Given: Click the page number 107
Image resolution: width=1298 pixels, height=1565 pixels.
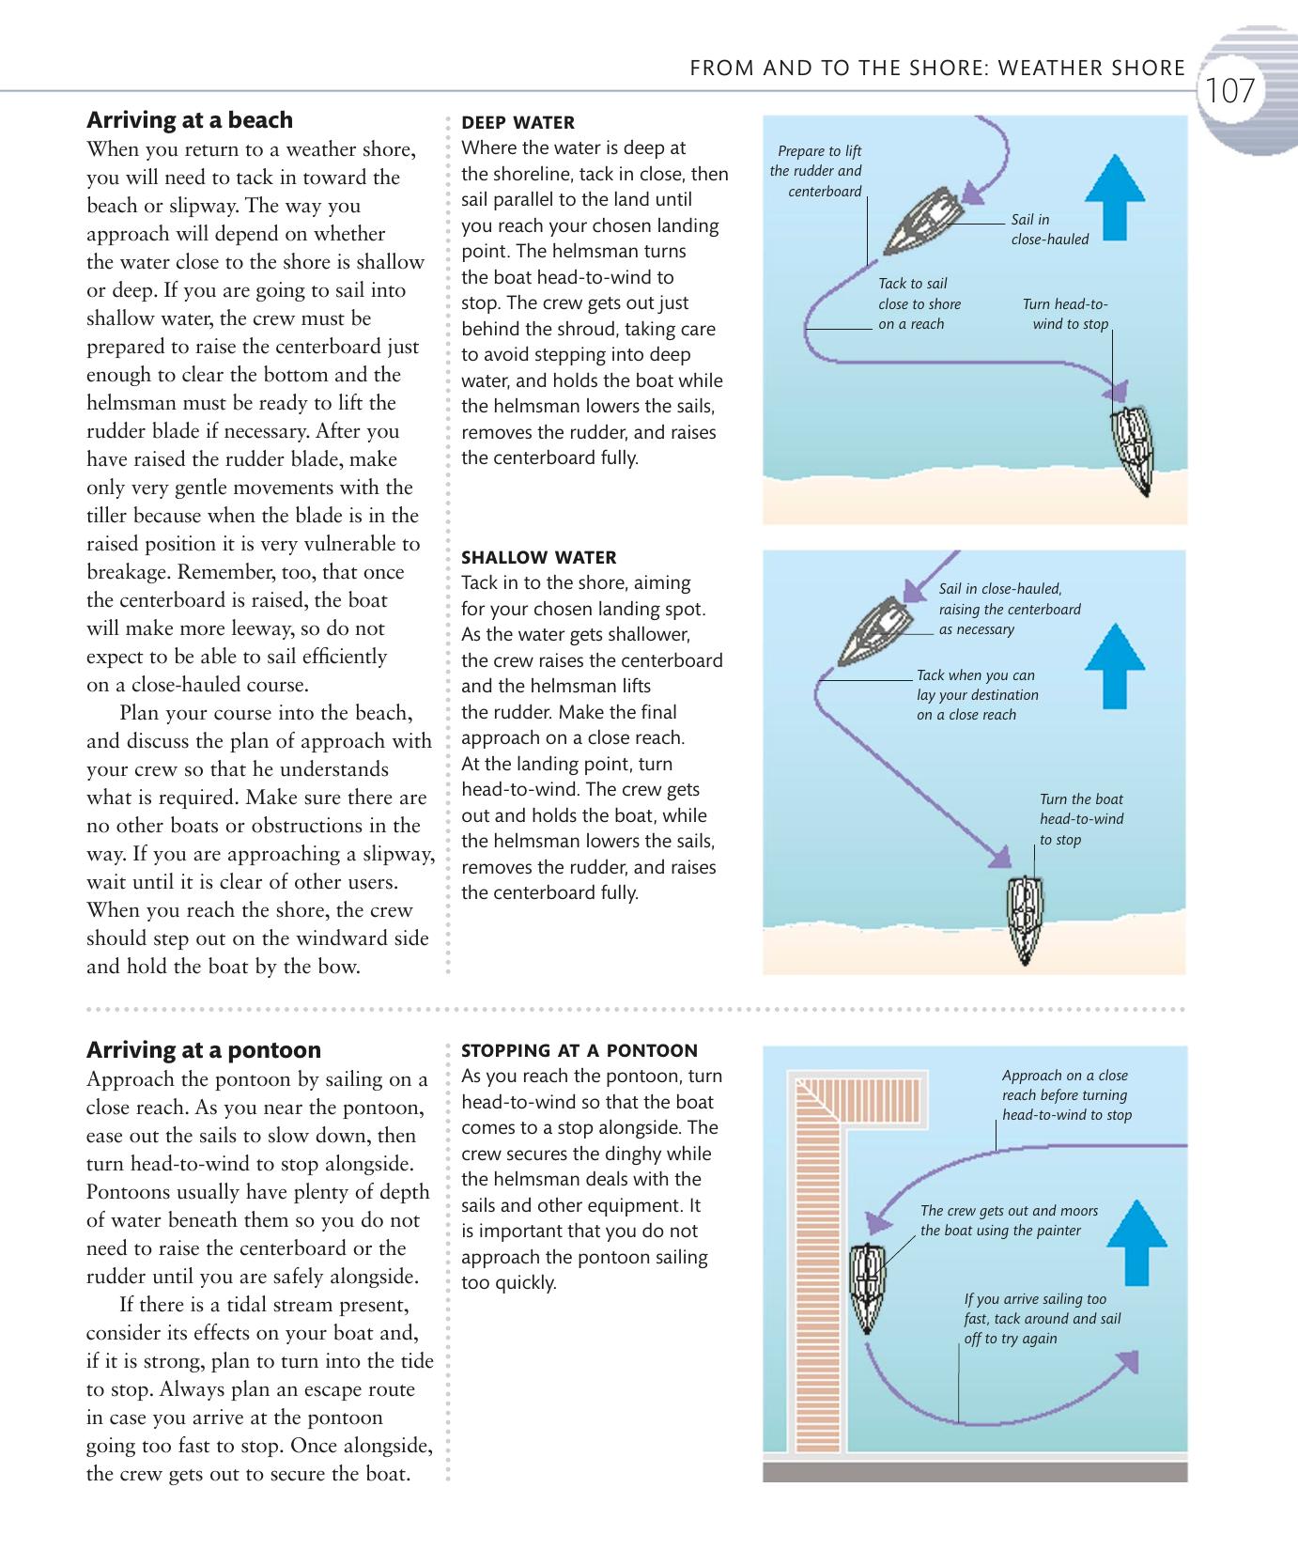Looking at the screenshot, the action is pos(1229,91).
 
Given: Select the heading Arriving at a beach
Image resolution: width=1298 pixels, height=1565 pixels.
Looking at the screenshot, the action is pos(189,120).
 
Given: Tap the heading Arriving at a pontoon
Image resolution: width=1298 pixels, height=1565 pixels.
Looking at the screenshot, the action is pos(203,1049).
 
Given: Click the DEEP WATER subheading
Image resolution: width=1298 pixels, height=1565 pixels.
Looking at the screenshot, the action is pos(518,122).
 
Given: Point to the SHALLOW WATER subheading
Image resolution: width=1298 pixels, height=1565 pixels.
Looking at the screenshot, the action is pos(538,557).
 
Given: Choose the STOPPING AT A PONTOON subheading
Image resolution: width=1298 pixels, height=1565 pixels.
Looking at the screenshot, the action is pos(579,1050).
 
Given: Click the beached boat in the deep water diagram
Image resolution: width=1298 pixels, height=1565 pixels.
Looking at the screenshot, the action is pos(1134,449).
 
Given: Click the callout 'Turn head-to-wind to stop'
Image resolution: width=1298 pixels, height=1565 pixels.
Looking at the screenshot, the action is pos(1066,314).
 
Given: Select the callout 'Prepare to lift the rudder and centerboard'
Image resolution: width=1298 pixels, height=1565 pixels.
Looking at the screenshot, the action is pos(816,171).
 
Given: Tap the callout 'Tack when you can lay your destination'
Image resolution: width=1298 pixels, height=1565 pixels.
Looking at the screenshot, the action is pos(977,694).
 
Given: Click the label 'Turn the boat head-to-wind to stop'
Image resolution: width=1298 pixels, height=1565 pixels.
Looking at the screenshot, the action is pos(1081,819).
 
